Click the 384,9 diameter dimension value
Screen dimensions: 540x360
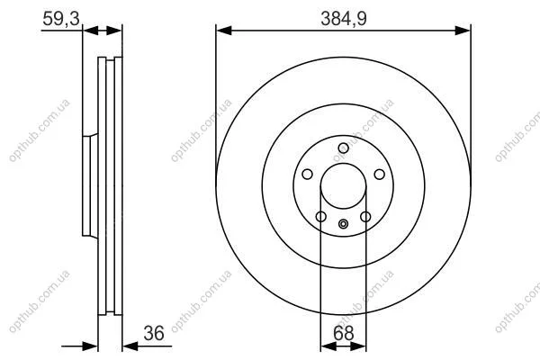[x=344, y=18]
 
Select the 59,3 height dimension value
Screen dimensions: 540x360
[x=61, y=18]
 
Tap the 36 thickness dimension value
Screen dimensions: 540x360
[x=154, y=333]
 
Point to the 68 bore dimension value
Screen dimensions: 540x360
[x=344, y=333]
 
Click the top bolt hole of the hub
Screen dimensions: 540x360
[x=344, y=148]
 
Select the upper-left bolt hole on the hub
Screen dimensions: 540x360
[x=307, y=174]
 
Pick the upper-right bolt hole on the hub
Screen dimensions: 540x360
[x=379, y=175]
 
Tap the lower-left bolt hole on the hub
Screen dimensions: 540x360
[x=321, y=217]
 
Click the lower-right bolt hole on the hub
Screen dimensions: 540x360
[x=365, y=217]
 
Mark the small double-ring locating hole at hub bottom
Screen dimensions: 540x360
[x=343, y=224]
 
